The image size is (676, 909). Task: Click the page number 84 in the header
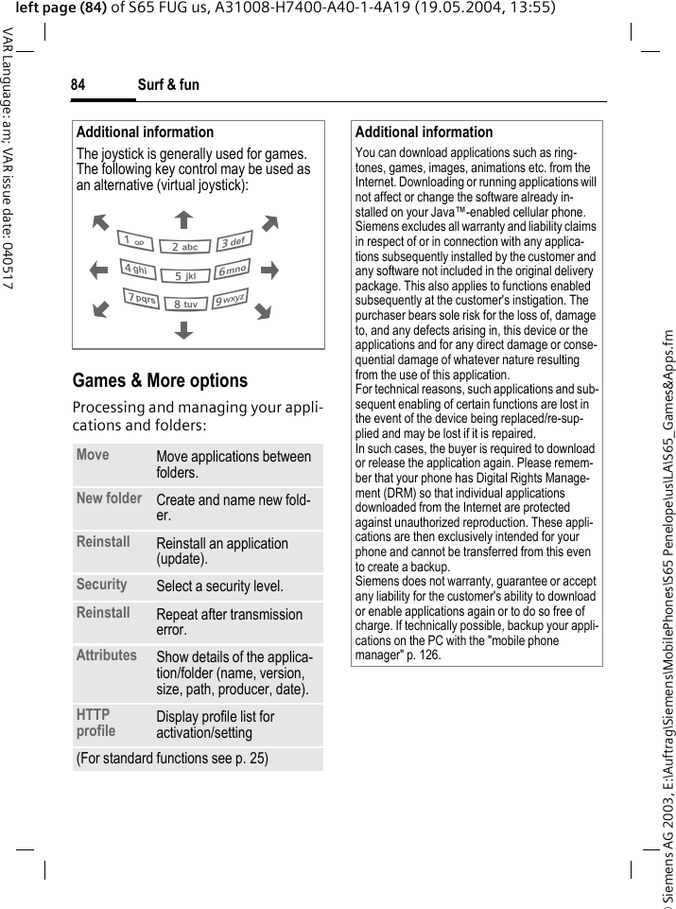(78, 85)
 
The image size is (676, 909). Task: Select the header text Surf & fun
(168, 85)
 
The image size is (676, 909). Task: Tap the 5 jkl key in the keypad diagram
(184, 276)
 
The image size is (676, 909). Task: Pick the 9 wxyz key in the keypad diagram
(229, 300)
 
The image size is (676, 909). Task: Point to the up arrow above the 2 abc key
(183, 220)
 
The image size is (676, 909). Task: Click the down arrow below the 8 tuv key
(183, 330)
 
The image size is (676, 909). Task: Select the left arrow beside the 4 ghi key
(99, 271)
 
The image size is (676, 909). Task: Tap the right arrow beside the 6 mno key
(269, 271)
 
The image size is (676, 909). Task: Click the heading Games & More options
(160, 380)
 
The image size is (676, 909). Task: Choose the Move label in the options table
(93, 455)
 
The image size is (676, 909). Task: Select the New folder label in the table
(109, 498)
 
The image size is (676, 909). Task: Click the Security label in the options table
(101, 585)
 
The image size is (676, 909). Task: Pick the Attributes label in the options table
(106, 655)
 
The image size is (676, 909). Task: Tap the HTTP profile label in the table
(95, 723)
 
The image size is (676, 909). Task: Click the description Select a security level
(219, 587)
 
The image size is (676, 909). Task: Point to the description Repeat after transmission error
(229, 622)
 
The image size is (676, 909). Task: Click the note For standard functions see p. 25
(172, 759)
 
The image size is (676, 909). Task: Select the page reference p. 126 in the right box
(423, 655)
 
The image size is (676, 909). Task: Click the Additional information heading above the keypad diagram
(145, 132)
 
